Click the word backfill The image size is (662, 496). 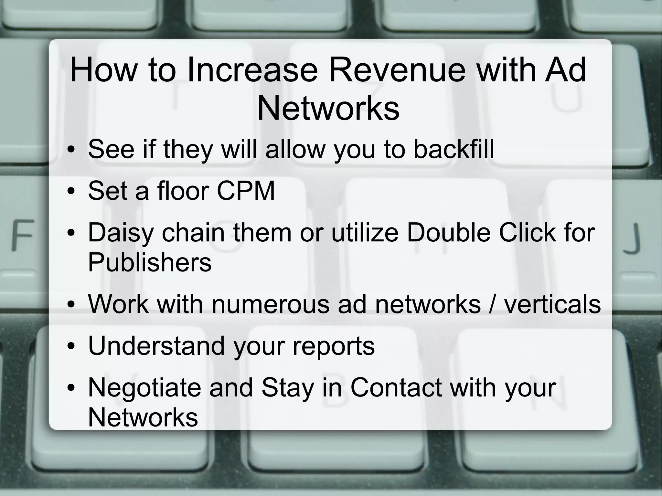(454, 149)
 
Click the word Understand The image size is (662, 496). (156, 346)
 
